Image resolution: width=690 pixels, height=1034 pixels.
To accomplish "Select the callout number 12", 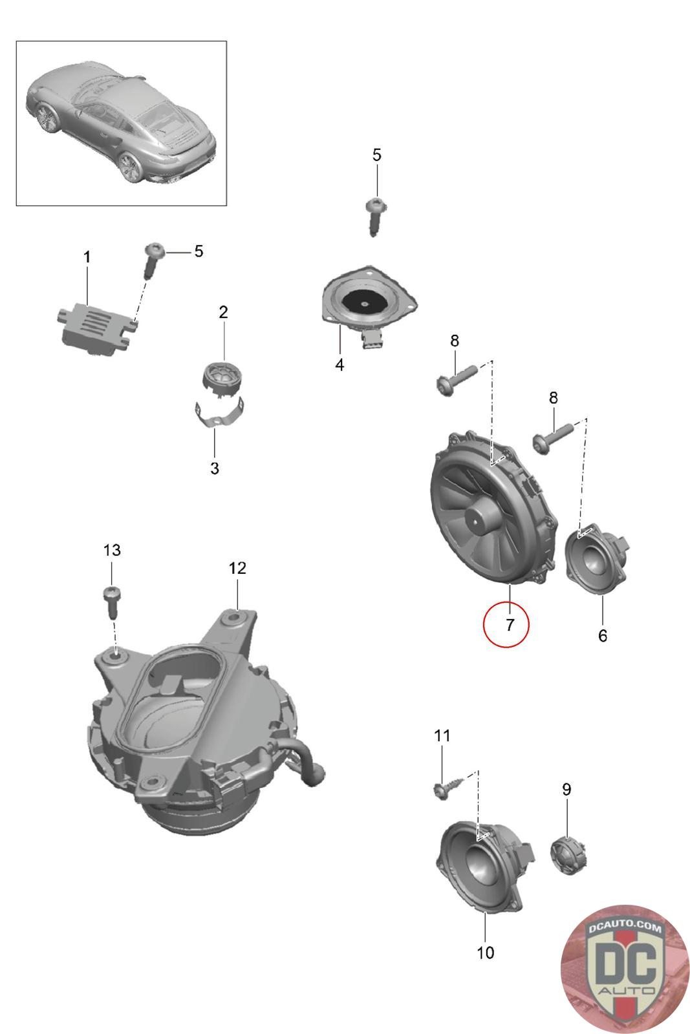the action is (x=237, y=568).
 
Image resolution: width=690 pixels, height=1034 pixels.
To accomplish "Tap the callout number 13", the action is (x=112, y=550).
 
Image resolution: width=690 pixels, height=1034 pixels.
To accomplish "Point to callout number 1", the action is (x=87, y=257).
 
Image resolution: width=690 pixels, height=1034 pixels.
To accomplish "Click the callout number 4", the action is (x=340, y=365).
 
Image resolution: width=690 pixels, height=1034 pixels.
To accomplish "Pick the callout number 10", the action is (x=485, y=952).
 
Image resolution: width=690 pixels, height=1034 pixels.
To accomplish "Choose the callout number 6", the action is (x=602, y=636).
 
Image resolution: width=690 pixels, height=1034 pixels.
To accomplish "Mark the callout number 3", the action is (x=215, y=469).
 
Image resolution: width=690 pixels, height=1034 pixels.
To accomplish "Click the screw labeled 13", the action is (x=111, y=599).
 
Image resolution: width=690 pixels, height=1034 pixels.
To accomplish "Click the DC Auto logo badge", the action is (x=623, y=967).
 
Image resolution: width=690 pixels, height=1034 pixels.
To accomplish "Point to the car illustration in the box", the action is (x=121, y=123).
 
